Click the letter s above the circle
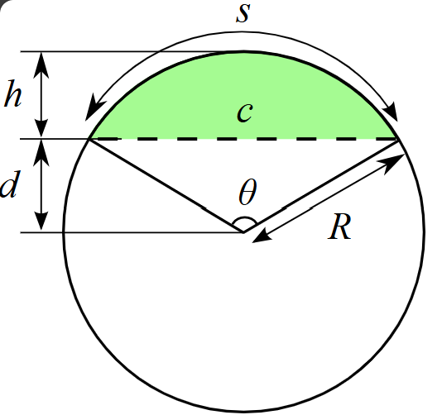click(243, 13)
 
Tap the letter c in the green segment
click(245, 112)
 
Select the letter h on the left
click(12, 93)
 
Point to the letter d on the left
click(11, 184)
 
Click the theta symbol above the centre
click(247, 192)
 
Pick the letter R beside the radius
click(339, 227)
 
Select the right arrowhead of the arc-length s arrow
click(391, 112)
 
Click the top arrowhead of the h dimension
click(41, 64)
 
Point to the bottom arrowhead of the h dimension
click(41, 127)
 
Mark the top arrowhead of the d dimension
click(41, 152)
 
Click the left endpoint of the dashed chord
click(89, 139)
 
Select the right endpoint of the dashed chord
click(397, 140)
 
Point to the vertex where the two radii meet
click(243, 232)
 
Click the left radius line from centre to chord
click(166, 185)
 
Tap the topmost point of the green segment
click(244, 52)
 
